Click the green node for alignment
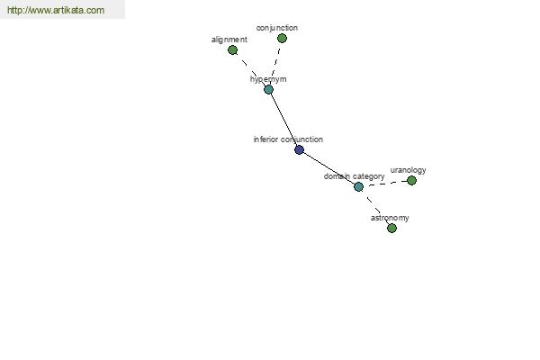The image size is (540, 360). (x=232, y=50)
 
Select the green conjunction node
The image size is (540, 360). (x=282, y=38)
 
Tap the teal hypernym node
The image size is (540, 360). (x=268, y=90)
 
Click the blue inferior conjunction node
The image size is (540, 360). (x=299, y=150)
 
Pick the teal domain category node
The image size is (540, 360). (x=358, y=186)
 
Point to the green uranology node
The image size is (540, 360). (x=411, y=180)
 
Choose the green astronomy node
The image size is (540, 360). (x=391, y=228)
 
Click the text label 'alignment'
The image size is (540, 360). (x=229, y=40)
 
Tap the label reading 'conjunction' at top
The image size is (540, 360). (x=277, y=28)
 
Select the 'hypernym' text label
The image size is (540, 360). (x=268, y=79)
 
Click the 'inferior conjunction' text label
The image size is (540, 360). (x=288, y=139)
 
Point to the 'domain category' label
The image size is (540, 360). (x=354, y=176)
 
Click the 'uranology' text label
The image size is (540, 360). (x=408, y=170)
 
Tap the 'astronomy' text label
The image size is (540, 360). (x=390, y=218)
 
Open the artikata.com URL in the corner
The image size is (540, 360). (x=56, y=10)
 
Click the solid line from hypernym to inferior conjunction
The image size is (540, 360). (x=283, y=120)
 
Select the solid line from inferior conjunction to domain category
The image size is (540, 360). (x=328, y=168)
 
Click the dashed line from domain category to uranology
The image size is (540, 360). (x=385, y=184)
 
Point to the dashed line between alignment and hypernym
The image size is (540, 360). (x=250, y=69)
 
